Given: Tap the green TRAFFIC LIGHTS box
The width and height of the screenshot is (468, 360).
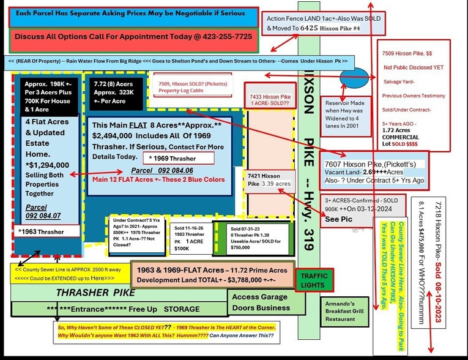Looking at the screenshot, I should point(315,280).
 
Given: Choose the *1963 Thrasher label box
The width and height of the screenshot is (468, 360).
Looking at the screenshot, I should point(47,231).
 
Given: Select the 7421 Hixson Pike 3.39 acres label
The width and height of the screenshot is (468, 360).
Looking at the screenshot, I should point(269,179).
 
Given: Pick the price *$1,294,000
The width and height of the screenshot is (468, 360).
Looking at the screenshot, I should point(48,165).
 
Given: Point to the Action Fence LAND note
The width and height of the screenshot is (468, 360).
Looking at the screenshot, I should point(324,23).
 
